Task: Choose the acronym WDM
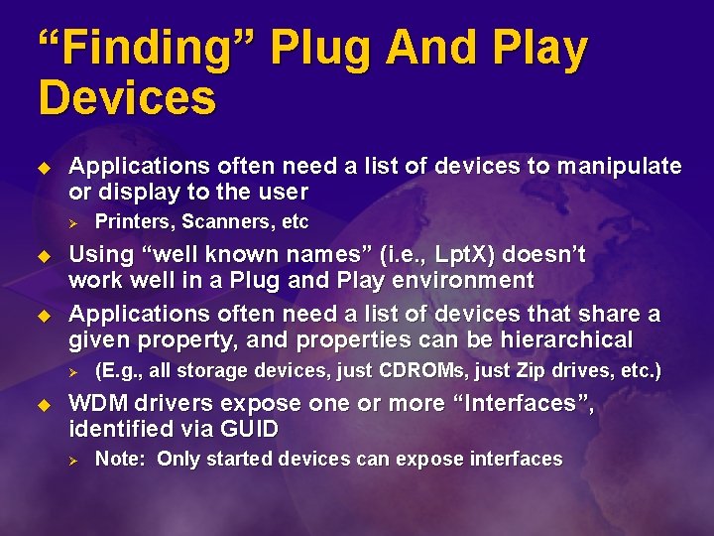click(x=100, y=404)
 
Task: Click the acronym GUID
click(x=251, y=429)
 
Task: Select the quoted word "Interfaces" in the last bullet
click(x=515, y=404)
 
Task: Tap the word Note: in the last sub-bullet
click(x=121, y=460)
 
